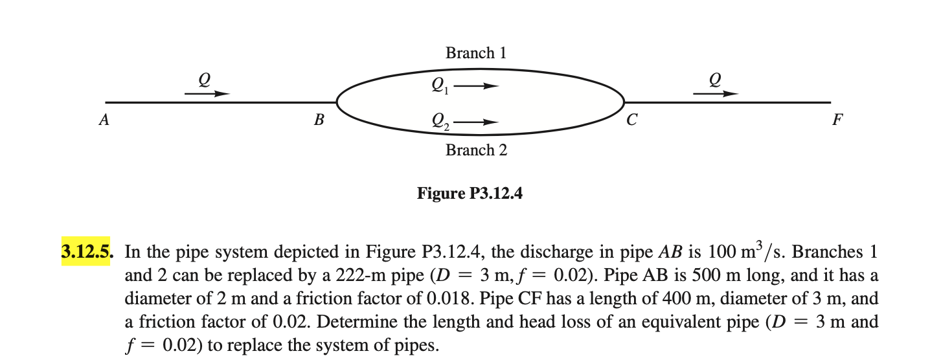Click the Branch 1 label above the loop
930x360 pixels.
click(x=475, y=53)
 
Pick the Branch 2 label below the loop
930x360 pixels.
click(x=476, y=150)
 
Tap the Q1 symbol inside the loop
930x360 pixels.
click(x=439, y=85)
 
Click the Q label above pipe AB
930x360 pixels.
click(x=205, y=78)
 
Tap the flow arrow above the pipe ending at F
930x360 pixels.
click(x=715, y=94)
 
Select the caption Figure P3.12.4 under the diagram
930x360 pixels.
click(x=470, y=193)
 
